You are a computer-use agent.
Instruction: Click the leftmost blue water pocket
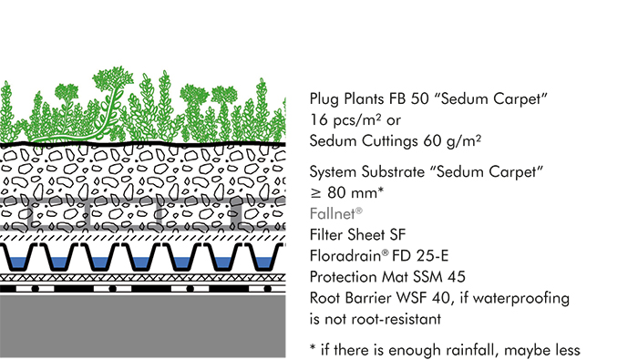point(24,262)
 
